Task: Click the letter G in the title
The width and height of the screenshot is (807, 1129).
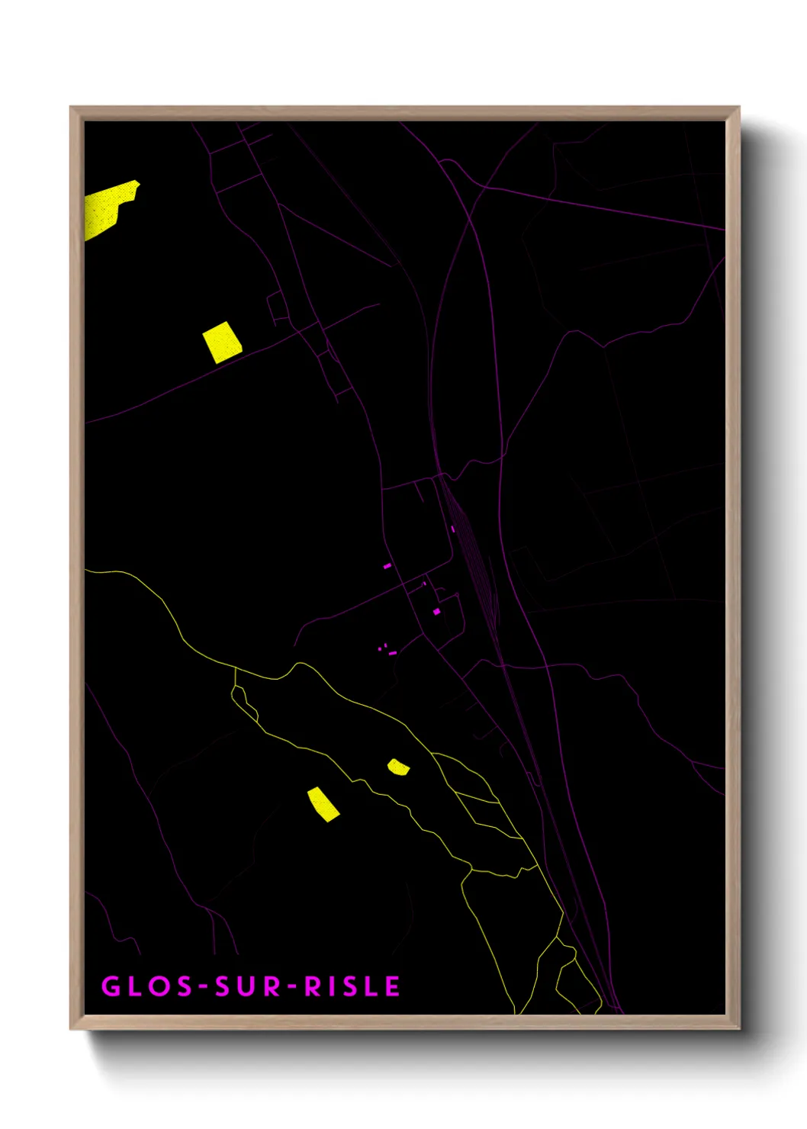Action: pos(111,986)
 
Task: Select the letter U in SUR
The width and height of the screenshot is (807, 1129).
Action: pos(248,986)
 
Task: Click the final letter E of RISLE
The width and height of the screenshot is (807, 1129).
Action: pos(392,986)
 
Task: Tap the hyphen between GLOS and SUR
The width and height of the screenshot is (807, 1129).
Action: pos(204,987)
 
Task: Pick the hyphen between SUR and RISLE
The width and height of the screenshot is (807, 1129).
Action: pos(292,987)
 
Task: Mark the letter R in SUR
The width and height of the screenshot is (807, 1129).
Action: pos(272,986)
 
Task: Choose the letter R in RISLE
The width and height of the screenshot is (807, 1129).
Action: pos(313,986)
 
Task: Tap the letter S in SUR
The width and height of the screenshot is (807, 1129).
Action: pos(223,986)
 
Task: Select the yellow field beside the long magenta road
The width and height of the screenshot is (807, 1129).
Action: pos(222,342)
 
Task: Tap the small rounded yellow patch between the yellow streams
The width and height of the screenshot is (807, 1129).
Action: pos(398,767)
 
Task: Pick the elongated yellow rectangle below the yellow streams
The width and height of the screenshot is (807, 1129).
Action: pos(323,804)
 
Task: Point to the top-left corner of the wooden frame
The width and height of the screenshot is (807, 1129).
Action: pos(71,108)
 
